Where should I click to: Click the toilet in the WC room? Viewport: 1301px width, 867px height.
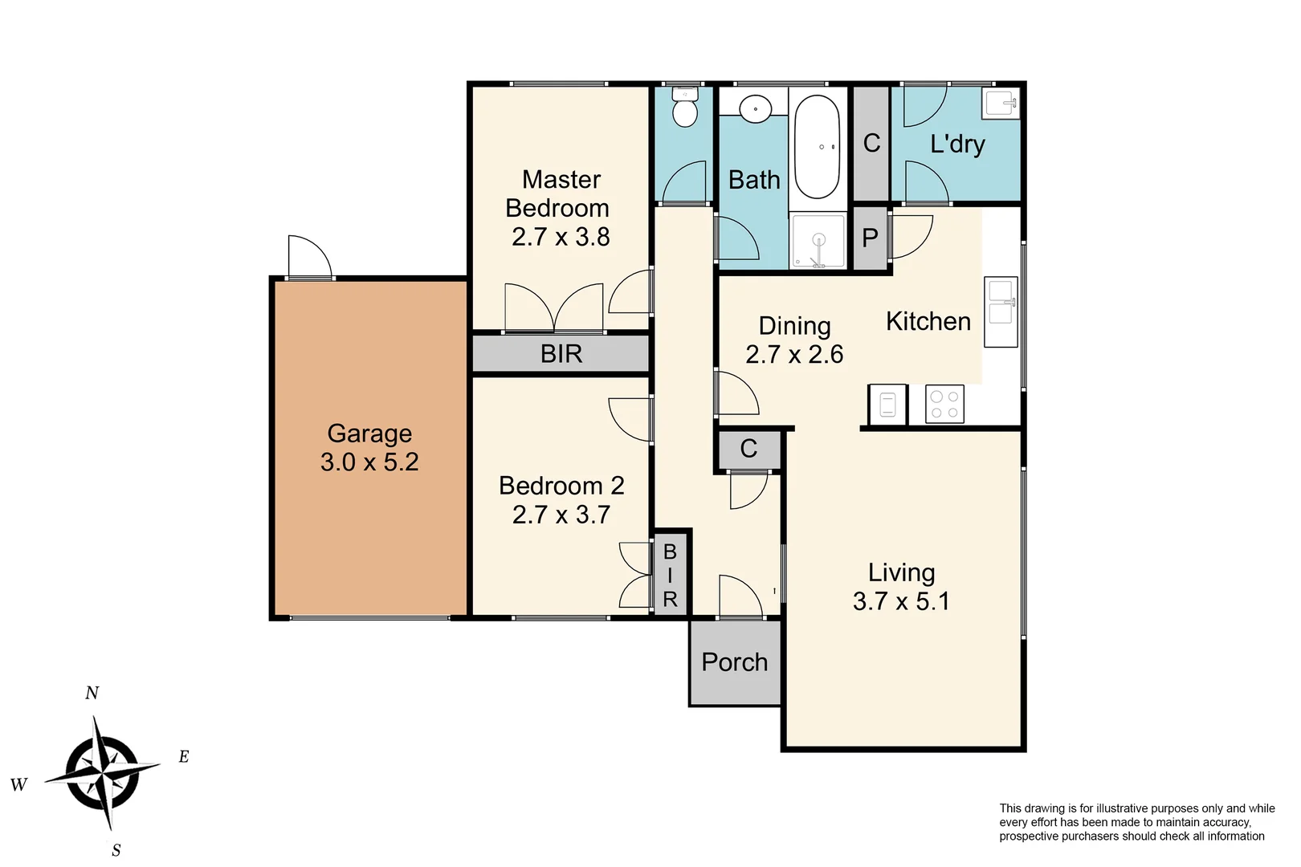[684, 108]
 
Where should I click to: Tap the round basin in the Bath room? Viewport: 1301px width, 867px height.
[755, 108]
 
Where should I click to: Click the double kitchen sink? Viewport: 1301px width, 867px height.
[1001, 312]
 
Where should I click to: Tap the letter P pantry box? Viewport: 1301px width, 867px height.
[870, 238]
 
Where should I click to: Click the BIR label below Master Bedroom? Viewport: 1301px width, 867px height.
[561, 354]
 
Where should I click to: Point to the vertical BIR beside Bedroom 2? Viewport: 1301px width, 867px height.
[670, 575]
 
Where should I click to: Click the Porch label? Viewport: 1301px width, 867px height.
[734, 662]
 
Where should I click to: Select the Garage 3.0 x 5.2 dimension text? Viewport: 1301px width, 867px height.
[369, 462]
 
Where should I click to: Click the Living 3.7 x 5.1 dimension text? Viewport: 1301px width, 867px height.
[901, 601]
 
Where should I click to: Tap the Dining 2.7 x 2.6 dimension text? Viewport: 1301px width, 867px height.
[794, 355]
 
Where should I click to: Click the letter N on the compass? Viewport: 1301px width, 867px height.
[92, 693]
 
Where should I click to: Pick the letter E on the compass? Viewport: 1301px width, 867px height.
[184, 756]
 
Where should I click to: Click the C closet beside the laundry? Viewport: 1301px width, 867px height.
[871, 144]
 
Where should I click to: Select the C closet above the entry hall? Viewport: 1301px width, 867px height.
[748, 449]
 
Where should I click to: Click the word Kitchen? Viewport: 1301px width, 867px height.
[928, 322]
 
